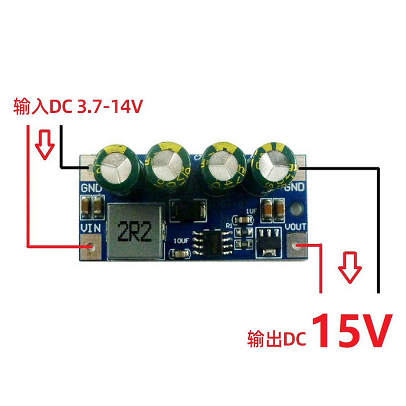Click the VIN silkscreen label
[90, 228]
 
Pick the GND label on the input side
[91, 188]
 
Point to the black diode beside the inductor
[187, 210]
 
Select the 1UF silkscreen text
[252, 210]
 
